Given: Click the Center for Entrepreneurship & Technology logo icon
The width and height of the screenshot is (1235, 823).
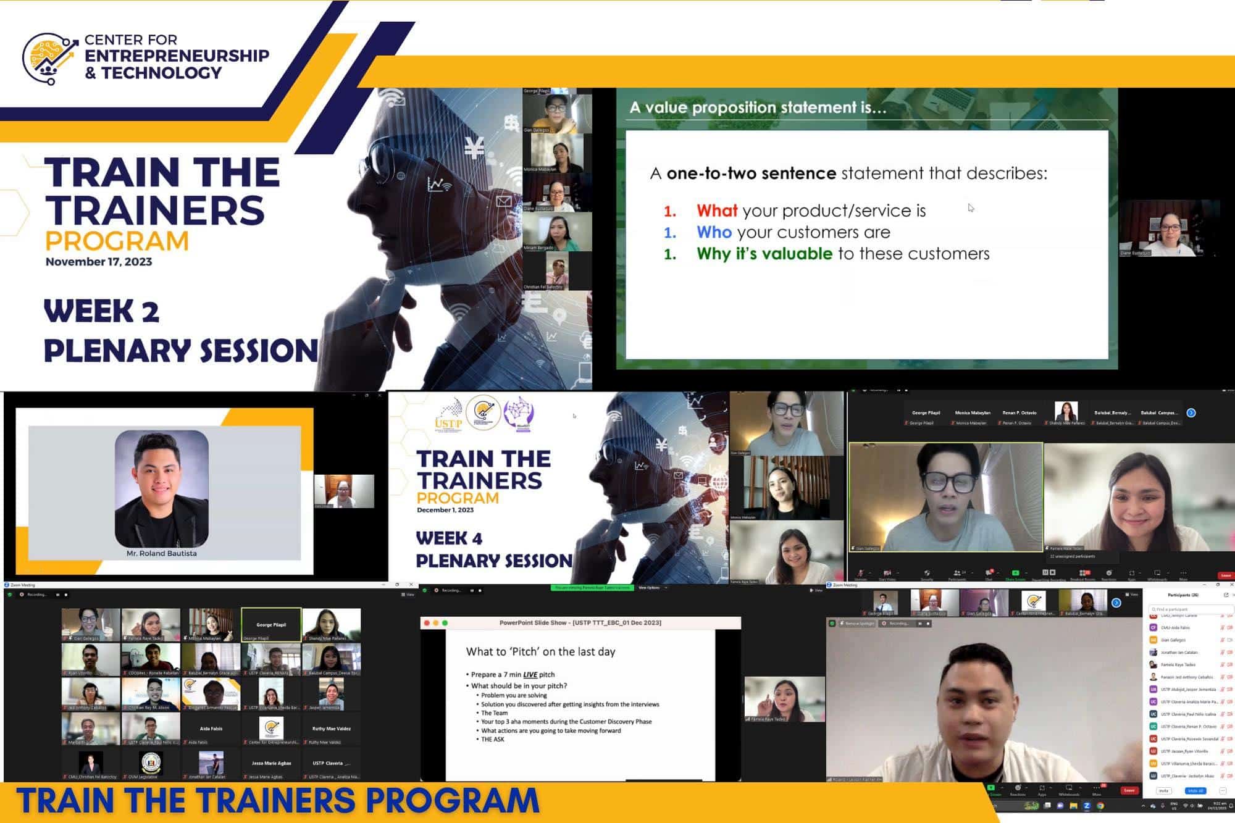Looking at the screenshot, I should point(50,58).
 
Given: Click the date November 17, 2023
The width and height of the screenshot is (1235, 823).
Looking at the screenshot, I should point(99,262).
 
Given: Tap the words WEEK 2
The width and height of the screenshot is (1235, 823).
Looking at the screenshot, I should point(102,311).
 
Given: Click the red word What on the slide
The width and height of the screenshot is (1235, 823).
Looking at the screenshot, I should point(717,211).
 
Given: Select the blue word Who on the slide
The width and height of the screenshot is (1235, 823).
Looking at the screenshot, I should point(714,233).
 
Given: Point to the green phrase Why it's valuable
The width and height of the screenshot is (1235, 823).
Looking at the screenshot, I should point(764,254).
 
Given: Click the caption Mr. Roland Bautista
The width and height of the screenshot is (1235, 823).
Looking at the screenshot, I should point(162,554).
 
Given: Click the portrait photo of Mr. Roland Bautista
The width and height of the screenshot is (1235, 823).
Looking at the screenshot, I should point(162,488).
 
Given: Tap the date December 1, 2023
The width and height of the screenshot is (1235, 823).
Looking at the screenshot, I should point(445,510).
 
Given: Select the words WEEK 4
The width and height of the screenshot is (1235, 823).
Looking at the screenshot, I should point(449,538).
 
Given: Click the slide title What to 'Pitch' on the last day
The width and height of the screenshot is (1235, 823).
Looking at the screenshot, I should point(540,652).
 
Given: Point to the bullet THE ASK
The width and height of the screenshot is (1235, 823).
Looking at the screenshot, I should point(493,740).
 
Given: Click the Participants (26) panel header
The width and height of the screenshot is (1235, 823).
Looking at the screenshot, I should point(1183,595).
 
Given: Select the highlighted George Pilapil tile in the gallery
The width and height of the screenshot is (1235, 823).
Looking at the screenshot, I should point(271,625).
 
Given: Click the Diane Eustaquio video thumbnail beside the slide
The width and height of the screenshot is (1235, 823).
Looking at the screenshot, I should point(1170,230).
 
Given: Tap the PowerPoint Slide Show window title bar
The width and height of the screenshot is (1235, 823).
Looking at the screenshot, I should point(580,623).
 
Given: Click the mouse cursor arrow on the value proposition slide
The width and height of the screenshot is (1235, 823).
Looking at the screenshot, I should point(970,207).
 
